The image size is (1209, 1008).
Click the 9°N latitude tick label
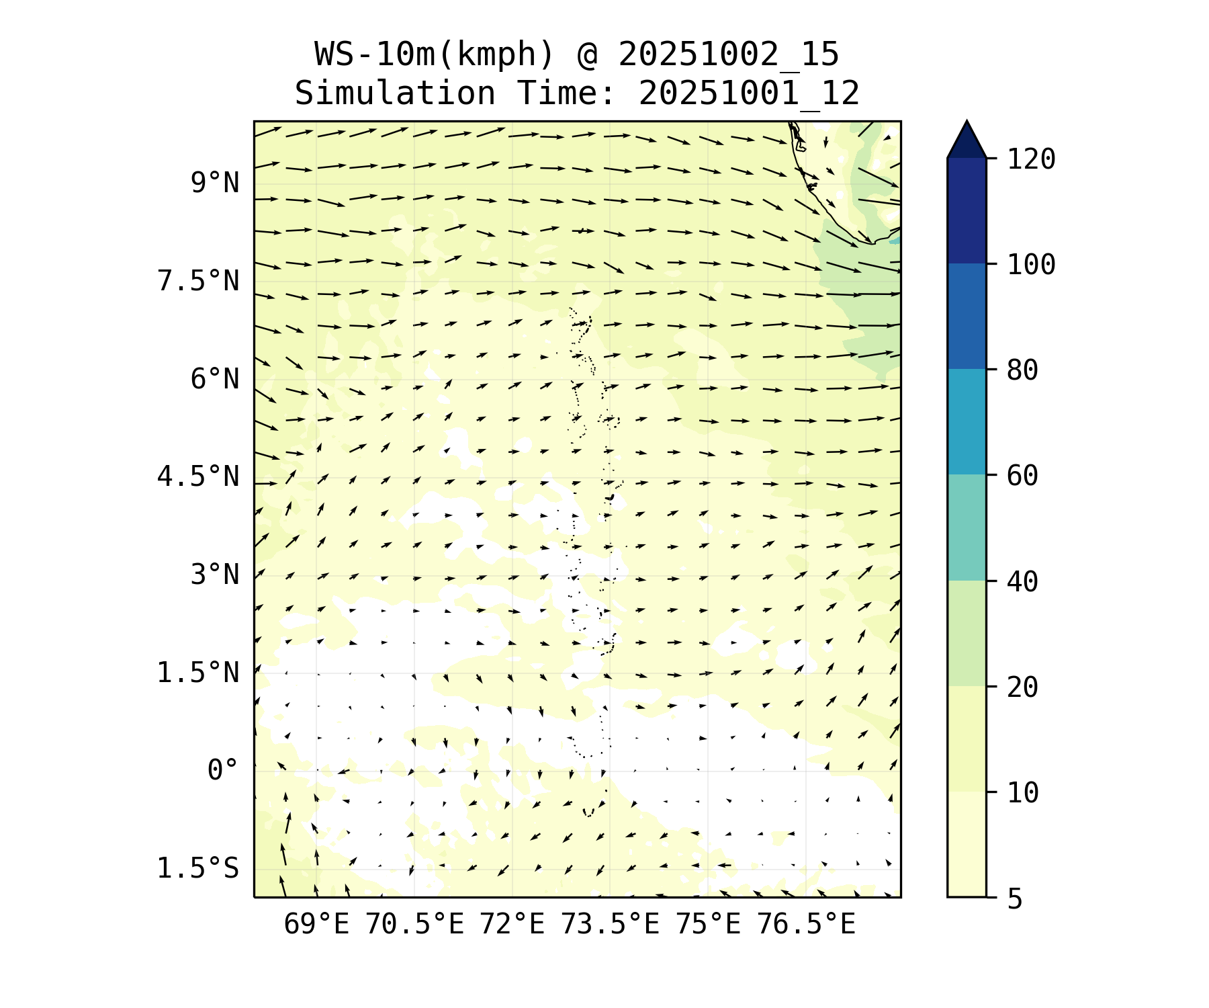click(214, 183)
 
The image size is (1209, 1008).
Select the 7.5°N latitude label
click(197, 281)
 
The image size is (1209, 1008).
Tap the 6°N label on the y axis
click(214, 379)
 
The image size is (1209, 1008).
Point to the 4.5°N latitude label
click(197, 477)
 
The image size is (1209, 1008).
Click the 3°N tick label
click(214, 575)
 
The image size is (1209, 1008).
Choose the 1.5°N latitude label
click(197, 673)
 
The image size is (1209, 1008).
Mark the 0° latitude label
click(222, 771)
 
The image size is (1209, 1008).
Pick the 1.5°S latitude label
click(197, 868)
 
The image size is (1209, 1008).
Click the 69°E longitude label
click(316, 925)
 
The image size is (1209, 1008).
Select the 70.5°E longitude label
click(414, 925)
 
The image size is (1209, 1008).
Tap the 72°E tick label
click(512, 925)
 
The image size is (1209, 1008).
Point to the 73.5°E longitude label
click(610, 925)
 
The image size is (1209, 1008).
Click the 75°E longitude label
click(708, 925)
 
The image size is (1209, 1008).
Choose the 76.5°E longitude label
click(806, 925)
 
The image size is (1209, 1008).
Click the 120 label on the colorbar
click(1031, 160)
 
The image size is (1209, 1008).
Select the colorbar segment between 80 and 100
click(967, 316)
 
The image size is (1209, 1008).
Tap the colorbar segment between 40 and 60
click(967, 528)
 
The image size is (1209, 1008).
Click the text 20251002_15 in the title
click(728, 54)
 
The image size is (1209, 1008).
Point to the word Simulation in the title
click(395, 93)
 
